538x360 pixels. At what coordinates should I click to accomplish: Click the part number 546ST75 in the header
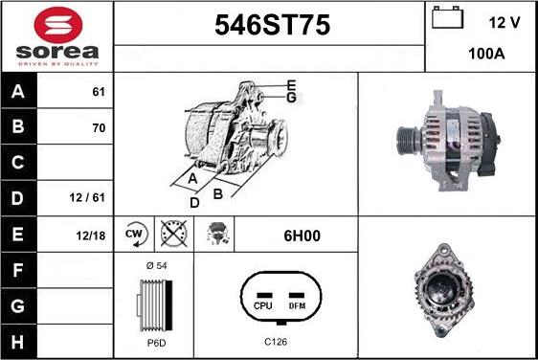(269, 28)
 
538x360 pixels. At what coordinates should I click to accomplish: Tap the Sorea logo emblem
(57, 23)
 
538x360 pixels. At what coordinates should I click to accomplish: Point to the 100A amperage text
(486, 55)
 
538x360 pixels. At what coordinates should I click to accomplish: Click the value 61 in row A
(99, 93)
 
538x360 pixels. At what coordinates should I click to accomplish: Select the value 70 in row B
(99, 127)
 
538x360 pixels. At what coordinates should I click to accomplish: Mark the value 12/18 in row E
(92, 234)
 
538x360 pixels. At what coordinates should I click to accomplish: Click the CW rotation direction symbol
(135, 234)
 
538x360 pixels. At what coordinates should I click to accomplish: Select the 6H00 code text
(295, 234)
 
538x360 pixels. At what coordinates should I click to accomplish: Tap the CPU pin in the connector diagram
(263, 306)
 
